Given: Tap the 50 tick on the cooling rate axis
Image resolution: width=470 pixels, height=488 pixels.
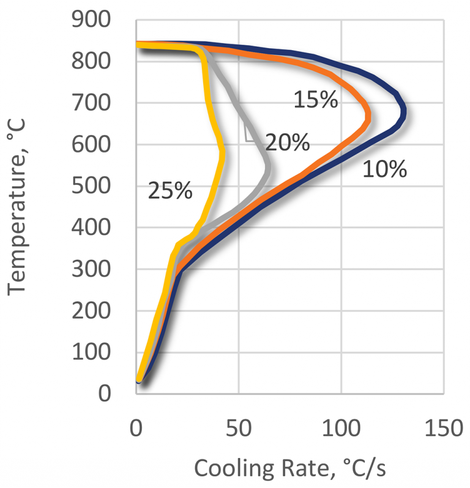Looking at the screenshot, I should click(x=239, y=428).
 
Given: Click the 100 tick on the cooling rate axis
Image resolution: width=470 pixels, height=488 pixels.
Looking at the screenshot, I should click(x=341, y=428).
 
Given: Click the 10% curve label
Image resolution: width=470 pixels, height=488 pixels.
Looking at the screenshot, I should click(x=384, y=169).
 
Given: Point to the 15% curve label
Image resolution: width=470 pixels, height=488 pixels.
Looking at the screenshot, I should click(x=315, y=100).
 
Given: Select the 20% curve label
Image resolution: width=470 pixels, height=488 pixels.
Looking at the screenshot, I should click(x=287, y=142).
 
